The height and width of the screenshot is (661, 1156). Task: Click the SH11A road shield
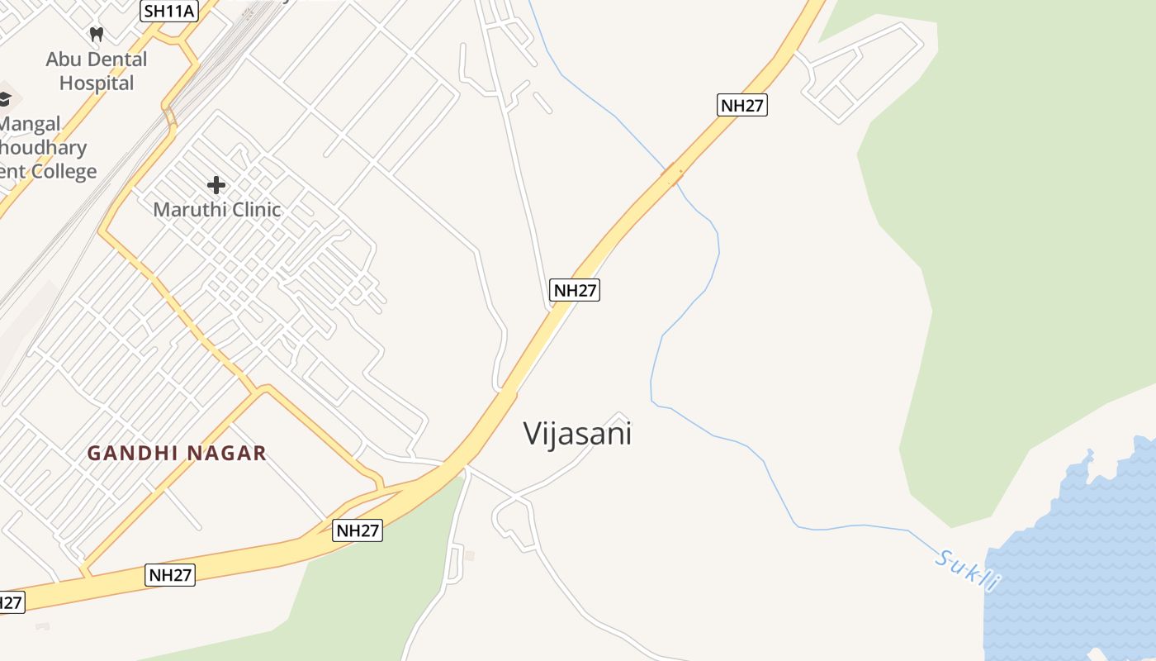click(x=170, y=11)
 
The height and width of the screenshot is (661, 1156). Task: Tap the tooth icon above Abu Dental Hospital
click(x=97, y=35)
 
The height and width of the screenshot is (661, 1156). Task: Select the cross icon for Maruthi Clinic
click(x=216, y=185)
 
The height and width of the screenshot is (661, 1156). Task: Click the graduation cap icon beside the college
click(x=4, y=98)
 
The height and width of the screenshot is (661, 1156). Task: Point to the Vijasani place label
click(x=577, y=434)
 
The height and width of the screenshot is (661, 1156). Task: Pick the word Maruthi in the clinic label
click(x=189, y=210)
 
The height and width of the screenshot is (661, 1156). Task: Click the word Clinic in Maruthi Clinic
click(x=253, y=210)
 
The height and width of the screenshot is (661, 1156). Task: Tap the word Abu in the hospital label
click(x=64, y=59)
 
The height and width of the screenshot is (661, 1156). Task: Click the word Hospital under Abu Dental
click(x=97, y=83)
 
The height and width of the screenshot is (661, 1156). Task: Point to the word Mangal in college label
click(x=30, y=125)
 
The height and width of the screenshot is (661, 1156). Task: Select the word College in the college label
click(x=63, y=172)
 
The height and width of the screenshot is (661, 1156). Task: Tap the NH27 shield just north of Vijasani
click(x=575, y=290)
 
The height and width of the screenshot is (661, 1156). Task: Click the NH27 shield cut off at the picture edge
click(x=10, y=602)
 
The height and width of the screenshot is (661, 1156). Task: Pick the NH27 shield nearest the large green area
click(x=742, y=105)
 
